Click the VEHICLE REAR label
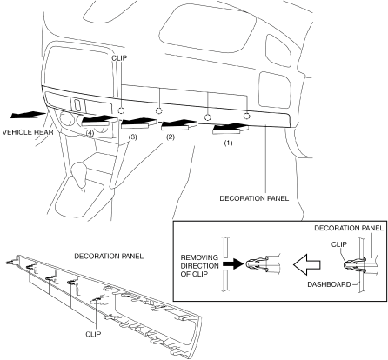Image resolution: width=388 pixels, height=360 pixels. click(28, 132)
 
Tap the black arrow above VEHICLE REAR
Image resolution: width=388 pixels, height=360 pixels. click(28, 115)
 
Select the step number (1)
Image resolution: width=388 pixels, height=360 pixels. click(228, 143)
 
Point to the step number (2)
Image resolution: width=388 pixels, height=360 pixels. click(170, 137)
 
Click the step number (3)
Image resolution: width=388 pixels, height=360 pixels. click(132, 137)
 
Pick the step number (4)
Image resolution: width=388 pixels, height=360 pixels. click(90, 133)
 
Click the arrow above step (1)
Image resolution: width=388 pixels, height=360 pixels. click(231, 129)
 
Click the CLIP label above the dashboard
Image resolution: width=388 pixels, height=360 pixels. click(119, 58)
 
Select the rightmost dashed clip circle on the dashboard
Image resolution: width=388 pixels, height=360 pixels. click(246, 116)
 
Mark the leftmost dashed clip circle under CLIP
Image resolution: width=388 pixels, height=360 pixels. click(121, 110)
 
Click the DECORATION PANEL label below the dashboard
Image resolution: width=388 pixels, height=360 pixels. click(254, 198)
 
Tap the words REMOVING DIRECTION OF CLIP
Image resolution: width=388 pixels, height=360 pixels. click(199, 266)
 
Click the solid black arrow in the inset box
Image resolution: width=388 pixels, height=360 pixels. click(232, 264)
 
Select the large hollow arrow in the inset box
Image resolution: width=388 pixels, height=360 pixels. click(306, 264)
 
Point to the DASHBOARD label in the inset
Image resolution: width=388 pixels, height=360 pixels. click(329, 284)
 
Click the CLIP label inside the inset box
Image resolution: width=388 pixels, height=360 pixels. click(339, 244)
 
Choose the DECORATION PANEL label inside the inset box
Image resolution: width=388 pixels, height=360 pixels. click(349, 229)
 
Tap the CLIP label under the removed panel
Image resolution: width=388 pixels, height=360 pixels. click(93, 334)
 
